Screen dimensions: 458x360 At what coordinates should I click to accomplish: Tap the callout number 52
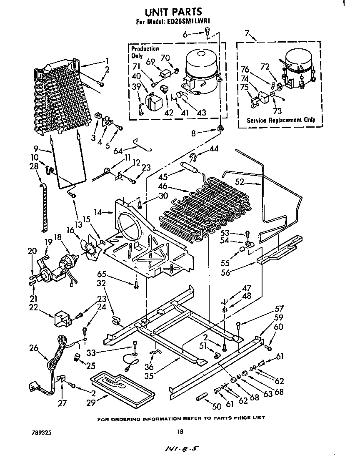(x=239, y=182)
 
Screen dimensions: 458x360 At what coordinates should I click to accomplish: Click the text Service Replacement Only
(x=281, y=120)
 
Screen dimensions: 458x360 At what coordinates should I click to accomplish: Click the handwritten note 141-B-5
(x=180, y=448)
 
